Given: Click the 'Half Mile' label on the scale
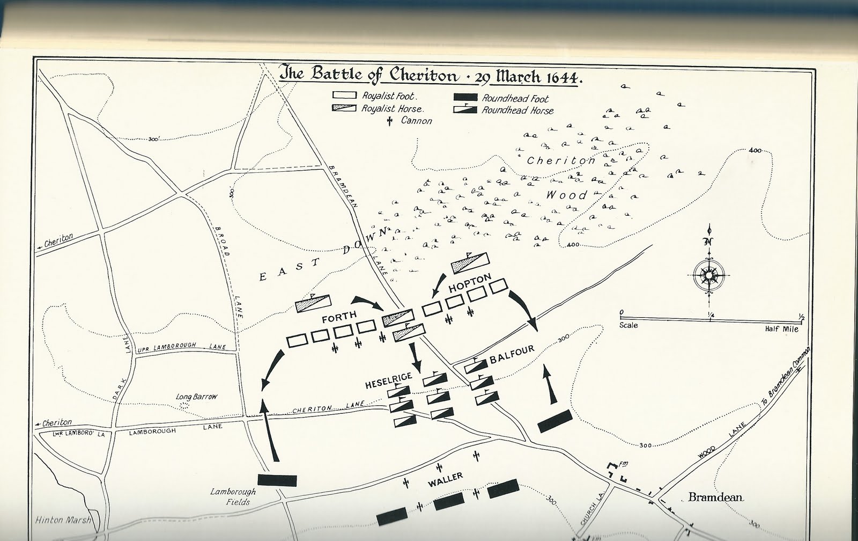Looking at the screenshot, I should (x=781, y=329).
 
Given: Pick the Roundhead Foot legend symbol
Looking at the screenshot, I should (x=465, y=98).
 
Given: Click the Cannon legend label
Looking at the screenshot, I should (x=416, y=121).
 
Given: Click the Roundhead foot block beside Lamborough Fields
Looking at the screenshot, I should (x=277, y=480).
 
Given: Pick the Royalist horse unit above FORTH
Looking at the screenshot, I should (x=313, y=303).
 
